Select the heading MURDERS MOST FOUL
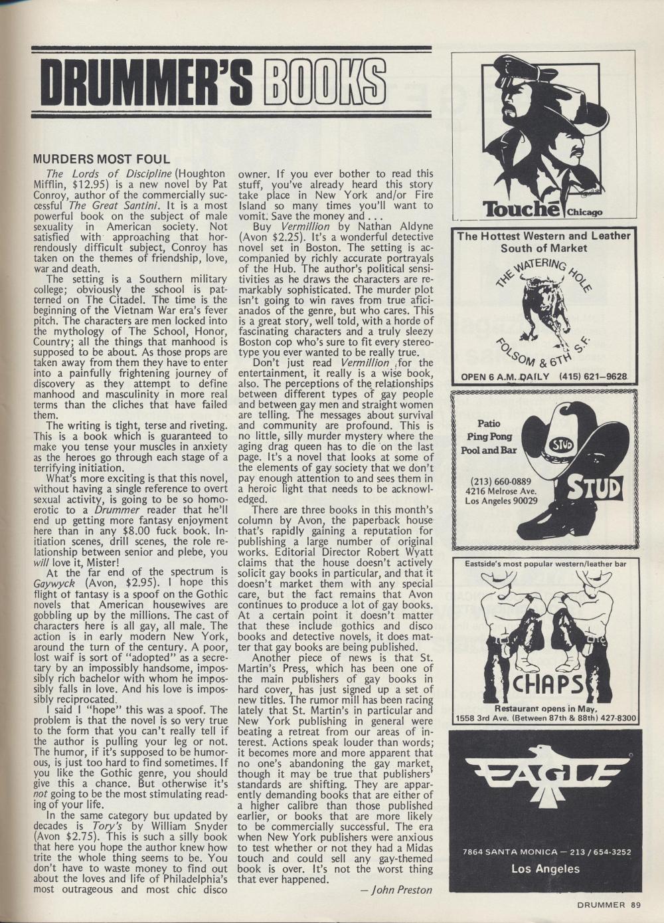pyautogui.click(x=102, y=159)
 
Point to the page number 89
pyautogui.click(x=635, y=904)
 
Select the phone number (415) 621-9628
pyautogui.click(x=593, y=377)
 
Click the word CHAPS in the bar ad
pyautogui.click(x=543, y=682)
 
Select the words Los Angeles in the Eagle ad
pyautogui.click(x=545, y=868)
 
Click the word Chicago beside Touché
pyautogui.click(x=584, y=213)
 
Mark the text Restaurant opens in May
pyautogui.click(x=543, y=708)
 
